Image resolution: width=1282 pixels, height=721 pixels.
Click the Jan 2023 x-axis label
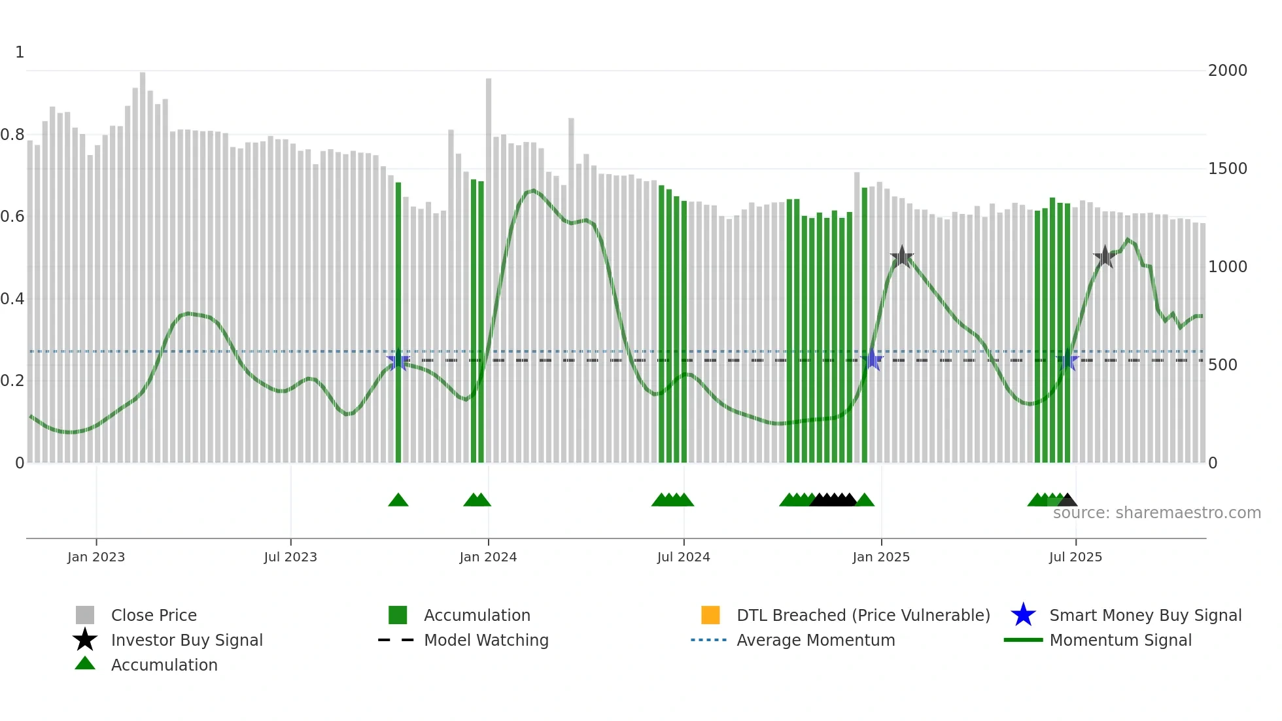pos(95,557)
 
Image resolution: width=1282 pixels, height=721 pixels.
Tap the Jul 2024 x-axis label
pos(683,557)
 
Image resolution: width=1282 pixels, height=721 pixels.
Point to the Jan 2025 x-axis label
pos(880,557)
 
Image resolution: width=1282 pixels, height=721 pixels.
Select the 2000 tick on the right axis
pos(1227,71)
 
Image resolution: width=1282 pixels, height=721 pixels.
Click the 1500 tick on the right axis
pos(1227,169)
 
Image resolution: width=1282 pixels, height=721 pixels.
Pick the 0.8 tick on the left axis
pos(12,135)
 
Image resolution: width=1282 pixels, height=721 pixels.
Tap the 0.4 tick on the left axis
pos(12,299)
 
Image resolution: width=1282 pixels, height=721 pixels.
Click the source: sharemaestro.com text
pos(1156,513)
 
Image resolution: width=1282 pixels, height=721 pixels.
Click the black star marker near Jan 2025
pos(901,257)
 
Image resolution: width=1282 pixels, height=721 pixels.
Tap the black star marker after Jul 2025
pos(1104,257)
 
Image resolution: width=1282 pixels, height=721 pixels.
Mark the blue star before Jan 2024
pos(398,360)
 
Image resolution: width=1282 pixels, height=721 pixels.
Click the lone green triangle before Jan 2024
pos(398,501)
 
